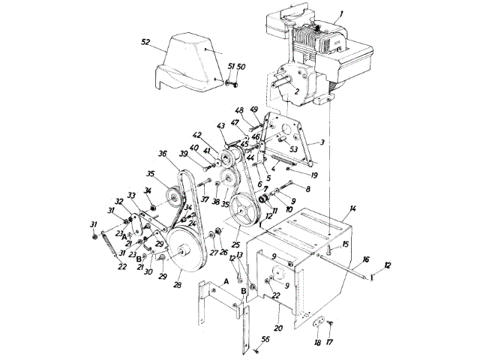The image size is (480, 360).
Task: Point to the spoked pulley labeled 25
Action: pos(243,207)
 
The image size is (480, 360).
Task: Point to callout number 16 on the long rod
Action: pos(365,259)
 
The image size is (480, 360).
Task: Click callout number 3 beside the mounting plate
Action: pos(321,141)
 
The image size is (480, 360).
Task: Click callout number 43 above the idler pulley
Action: pos(220,125)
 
